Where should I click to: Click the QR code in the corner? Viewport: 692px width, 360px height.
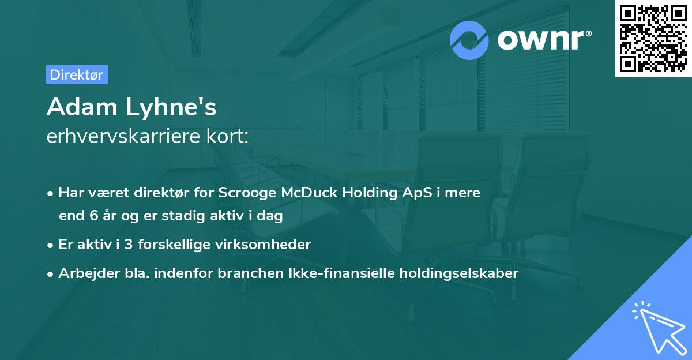pyautogui.click(x=653, y=38)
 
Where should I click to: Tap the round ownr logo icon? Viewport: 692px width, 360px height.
pyautogui.click(x=469, y=40)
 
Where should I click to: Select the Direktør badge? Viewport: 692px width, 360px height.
pyautogui.click(x=77, y=74)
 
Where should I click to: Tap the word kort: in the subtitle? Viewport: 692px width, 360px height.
pyautogui.click(x=230, y=137)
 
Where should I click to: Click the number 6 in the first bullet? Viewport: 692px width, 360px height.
pyautogui.click(x=94, y=216)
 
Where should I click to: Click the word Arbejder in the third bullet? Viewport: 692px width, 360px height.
pyautogui.click(x=84, y=273)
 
